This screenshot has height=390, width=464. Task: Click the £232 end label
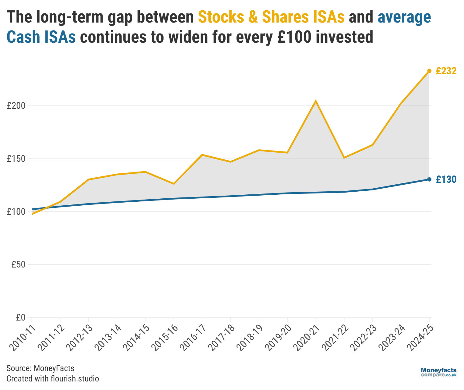(x=446, y=71)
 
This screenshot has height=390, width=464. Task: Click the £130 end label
(x=446, y=179)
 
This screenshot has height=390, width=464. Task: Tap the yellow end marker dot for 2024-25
(x=429, y=71)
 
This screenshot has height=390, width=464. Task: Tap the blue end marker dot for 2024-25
(x=429, y=179)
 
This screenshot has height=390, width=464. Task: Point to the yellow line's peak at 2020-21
(x=316, y=101)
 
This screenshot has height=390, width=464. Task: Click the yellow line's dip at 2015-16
(x=174, y=184)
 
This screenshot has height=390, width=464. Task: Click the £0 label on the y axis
(x=20, y=317)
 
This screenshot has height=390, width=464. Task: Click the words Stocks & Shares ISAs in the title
(x=271, y=17)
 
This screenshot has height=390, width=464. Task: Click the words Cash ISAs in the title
(x=41, y=37)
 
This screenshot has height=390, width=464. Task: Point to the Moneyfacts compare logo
(x=438, y=372)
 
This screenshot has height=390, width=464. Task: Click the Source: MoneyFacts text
(x=40, y=368)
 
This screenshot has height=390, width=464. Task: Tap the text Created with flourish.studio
(x=53, y=379)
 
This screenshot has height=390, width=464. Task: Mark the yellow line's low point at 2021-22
(x=344, y=158)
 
